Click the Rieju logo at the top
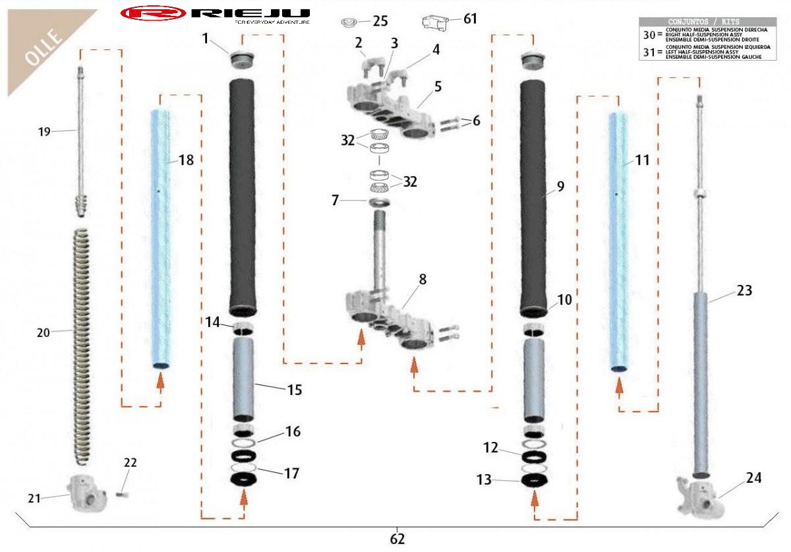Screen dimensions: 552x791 point(216,13)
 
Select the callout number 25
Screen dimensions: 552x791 point(380,21)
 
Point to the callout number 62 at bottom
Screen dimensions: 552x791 point(397,538)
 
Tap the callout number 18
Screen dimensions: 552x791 point(187,160)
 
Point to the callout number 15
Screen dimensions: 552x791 point(294,390)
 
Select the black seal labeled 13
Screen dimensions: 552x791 point(535,480)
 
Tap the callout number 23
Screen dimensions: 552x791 point(744,291)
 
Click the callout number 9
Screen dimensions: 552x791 point(560,187)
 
